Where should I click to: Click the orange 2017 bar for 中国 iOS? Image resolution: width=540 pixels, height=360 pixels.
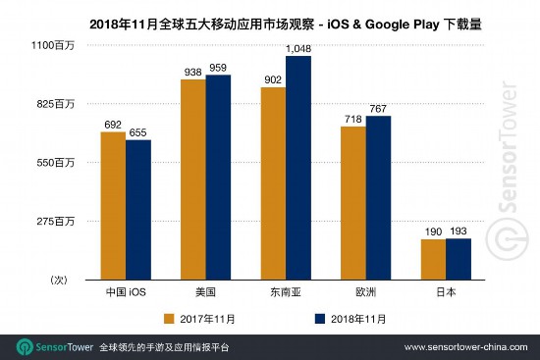click(x=113, y=206)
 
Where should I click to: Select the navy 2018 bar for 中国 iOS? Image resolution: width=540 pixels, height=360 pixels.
click(x=138, y=210)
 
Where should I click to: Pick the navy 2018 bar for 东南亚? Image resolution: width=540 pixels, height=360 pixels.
click(x=298, y=168)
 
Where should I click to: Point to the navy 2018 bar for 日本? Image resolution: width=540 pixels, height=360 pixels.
click(x=459, y=259)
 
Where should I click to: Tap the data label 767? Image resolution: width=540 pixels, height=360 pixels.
click(x=379, y=108)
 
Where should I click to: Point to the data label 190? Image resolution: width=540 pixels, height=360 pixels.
click(x=433, y=231)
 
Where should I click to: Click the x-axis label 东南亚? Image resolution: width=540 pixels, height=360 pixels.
click(x=286, y=292)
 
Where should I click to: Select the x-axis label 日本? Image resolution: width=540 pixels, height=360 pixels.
click(x=446, y=292)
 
